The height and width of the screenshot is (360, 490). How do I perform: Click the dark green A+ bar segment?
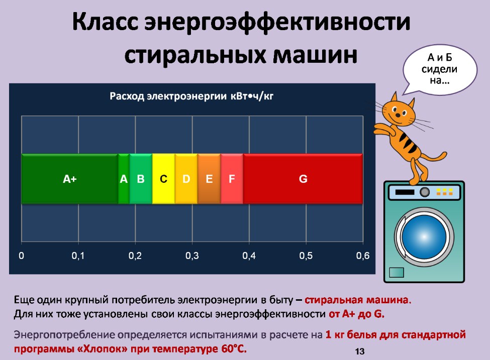[70, 179]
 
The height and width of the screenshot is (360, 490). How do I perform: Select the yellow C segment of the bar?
[163, 179]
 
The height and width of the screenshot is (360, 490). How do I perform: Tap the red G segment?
[303, 179]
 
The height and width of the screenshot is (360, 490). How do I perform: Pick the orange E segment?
[209, 179]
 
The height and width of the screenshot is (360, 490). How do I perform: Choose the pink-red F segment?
[232, 179]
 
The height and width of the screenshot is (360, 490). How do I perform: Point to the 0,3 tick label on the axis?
[192, 256]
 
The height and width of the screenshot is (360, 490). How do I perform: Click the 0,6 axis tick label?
[363, 256]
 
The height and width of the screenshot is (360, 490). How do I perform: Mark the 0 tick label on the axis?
[21, 256]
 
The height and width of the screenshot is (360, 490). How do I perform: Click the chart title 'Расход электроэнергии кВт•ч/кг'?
[191, 96]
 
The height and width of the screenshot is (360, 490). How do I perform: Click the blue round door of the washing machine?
[424, 236]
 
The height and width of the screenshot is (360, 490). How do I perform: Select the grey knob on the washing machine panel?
[424, 192]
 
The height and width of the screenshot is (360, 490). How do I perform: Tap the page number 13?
[360, 351]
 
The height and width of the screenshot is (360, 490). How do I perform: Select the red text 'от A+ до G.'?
[356, 314]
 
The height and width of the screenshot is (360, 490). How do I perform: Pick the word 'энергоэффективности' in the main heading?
[277, 22]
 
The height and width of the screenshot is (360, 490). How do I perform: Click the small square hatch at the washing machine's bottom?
[397, 272]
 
